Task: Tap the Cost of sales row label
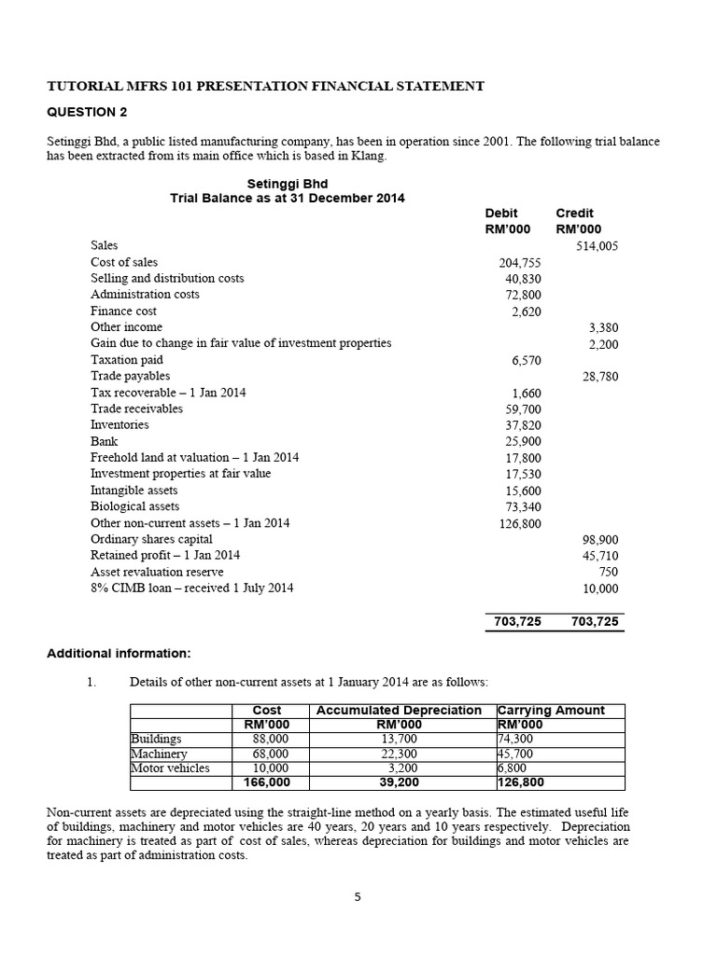point(124,262)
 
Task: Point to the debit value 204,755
point(520,263)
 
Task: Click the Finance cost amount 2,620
point(526,311)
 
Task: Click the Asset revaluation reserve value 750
point(608,572)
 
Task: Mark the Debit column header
point(501,213)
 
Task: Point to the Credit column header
point(574,213)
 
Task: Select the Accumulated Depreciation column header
point(399,711)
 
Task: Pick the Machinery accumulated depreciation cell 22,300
point(399,754)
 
